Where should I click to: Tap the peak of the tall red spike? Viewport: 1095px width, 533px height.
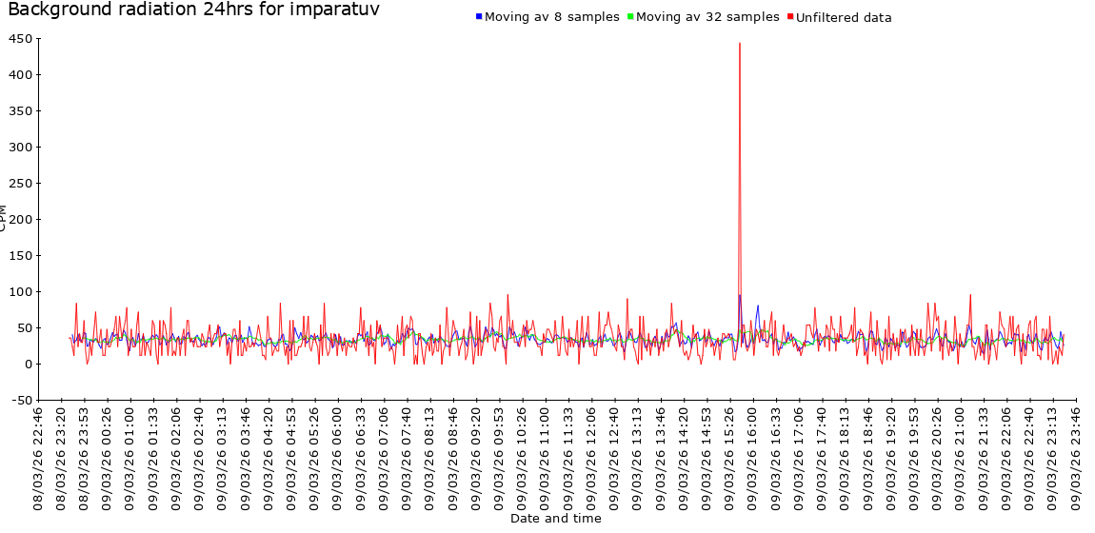pos(739,44)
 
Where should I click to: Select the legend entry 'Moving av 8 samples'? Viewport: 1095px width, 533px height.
pos(552,17)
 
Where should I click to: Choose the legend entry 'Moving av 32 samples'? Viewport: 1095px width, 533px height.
pos(707,17)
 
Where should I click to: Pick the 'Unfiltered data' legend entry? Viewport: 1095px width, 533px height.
pos(844,17)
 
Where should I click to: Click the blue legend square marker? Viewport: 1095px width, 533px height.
pos(479,17)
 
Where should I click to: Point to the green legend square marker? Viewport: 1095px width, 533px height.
pos(630,17)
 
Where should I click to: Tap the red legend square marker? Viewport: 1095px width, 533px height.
pos(789,17)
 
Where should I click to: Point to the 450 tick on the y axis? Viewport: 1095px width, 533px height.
pos(20,39)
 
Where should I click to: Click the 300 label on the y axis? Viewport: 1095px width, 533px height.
pos(20,148)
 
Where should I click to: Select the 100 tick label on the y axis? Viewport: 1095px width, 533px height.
pos(20,292)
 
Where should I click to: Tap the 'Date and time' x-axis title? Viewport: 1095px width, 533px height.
pos(555,519)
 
